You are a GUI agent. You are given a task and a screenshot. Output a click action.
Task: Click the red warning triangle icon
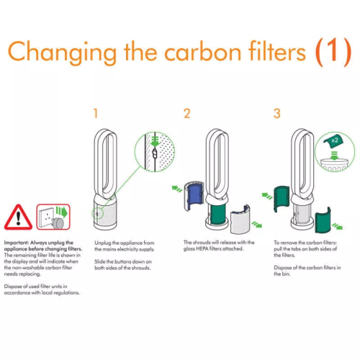pos(18,217)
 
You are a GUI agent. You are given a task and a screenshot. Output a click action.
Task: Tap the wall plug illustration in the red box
pos(53,217)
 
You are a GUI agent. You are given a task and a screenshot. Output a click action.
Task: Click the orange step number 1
pos(96,113)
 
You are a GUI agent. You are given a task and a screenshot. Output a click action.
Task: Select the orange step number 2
pos(187,113)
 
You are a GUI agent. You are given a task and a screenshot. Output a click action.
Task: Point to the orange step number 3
pos(277,113)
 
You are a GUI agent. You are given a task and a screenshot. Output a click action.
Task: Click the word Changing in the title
pos(62,53)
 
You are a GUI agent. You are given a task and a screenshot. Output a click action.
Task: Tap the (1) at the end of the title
pos(333,53)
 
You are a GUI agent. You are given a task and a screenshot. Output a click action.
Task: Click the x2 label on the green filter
pos(335,140)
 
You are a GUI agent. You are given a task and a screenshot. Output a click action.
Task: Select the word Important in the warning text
pos(16,243)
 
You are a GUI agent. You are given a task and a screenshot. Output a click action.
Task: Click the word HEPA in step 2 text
pos(202,248)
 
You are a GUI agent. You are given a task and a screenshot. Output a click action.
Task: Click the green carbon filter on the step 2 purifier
pos(218,213)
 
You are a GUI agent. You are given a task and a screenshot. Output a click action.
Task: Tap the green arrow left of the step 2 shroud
pos(177,189)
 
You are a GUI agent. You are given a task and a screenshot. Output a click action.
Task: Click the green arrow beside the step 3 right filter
pos(337,226)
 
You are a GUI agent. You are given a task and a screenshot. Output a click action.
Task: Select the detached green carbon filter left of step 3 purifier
pos(282,199)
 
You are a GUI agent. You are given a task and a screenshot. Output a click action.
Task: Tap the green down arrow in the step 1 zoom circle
pos(156,142)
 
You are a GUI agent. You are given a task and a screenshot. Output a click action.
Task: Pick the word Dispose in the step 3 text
pos(282,267)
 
